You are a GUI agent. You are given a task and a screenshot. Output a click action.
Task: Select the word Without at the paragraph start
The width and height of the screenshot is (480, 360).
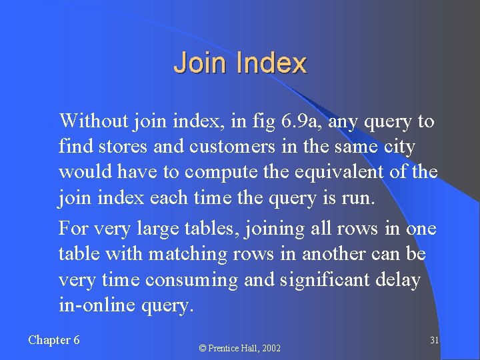[93, 121]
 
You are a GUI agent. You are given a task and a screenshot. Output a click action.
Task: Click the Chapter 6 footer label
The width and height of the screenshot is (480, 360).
[54, 340]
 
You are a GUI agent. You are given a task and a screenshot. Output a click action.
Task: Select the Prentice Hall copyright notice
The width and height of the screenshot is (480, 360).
[240, 348]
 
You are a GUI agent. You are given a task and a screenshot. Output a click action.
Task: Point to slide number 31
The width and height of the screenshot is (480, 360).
[434, 340]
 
